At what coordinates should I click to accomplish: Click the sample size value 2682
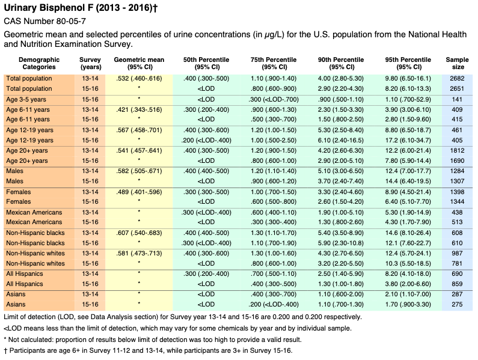point(457,79)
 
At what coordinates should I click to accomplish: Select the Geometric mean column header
point(139,63)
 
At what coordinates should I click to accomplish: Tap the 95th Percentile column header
point(408,63)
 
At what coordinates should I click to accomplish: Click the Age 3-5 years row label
point(26,100)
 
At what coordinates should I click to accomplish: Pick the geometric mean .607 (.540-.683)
point(139,233)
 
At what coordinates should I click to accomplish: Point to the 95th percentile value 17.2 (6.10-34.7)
point(408,141)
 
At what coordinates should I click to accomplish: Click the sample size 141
point(457,100)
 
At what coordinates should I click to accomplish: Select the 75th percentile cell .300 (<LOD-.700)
point(274,100)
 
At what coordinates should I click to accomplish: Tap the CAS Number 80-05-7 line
point(45,22)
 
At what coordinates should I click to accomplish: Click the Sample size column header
point(457,63)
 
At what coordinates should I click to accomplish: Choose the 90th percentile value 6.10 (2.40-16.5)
point(341,141)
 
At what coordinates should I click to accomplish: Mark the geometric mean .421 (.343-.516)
point(139,110)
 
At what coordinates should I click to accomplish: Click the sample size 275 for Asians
point(457,305)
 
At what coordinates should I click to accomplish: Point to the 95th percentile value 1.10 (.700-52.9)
point(408,100)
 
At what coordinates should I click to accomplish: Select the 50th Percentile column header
point(206,63)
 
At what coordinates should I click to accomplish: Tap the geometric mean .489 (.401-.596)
point(139,192)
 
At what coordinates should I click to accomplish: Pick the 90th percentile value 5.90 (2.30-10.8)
point(341,243)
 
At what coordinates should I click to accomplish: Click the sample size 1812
point(457,151)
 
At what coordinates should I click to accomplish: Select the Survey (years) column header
point(90,63)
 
